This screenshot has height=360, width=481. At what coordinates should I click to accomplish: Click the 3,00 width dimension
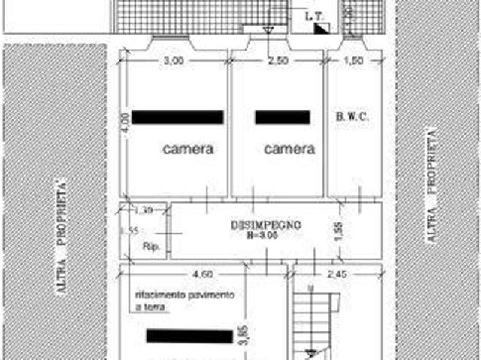[174, 62]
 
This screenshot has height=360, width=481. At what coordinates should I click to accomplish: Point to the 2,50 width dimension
[279, 62]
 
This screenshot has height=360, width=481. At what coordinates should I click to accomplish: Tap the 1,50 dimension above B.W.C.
[352, 62]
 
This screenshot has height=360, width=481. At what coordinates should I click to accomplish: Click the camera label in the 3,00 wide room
[188, 149]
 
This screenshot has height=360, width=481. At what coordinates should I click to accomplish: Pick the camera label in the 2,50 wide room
[289, 149]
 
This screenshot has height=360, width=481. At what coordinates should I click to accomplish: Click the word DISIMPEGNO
[265, 225]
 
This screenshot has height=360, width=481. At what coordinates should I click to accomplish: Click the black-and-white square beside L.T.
[321, 29]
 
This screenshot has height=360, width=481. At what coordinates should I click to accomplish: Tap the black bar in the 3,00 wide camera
[178, 117]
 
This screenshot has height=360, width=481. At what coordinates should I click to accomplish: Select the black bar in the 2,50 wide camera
[283, 117]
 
